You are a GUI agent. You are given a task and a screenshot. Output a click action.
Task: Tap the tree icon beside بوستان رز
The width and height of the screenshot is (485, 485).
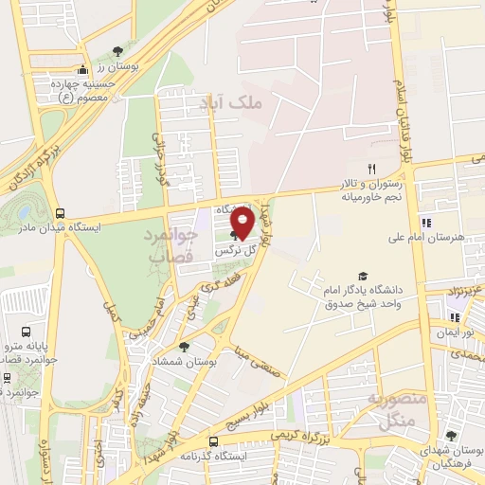[117, 51]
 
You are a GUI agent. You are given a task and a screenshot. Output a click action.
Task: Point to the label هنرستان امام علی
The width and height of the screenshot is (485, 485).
[426, 238]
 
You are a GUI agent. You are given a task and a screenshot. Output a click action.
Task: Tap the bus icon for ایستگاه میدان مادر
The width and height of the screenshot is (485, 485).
[61, 214]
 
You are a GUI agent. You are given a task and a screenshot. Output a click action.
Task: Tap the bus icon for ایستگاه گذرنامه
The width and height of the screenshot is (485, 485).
[212, 440]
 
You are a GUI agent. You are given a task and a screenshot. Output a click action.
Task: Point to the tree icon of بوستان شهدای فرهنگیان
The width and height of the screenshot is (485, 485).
[451, 435]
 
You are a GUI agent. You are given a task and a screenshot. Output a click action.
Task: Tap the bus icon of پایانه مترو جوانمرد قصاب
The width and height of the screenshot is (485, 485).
[26, 332]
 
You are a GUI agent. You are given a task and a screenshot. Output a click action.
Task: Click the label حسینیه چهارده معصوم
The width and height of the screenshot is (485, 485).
[86, 90]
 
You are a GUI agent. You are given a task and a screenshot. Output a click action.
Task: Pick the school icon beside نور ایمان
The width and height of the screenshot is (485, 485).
[454, 318]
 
